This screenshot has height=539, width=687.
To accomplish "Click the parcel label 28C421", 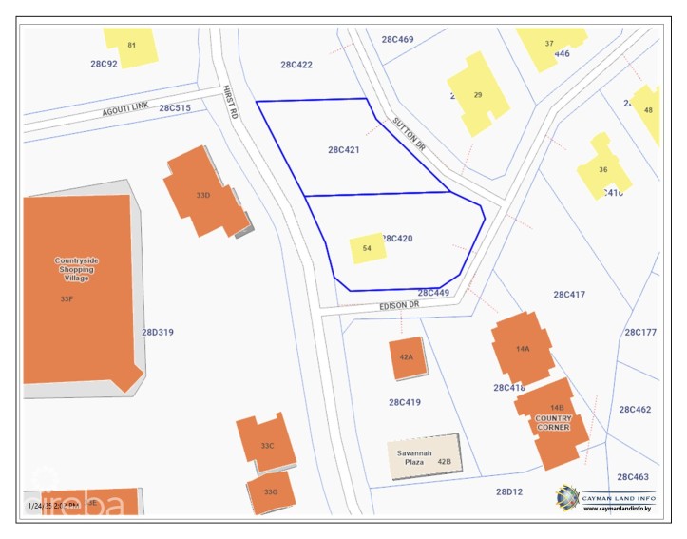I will pos(343,149).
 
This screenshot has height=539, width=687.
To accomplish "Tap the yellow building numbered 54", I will pos(366,248).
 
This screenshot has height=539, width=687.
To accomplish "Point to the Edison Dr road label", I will pos(399,305).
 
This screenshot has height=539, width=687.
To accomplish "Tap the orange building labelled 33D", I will pos(201,194).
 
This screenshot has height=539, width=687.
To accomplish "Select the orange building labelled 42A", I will pos(407,357).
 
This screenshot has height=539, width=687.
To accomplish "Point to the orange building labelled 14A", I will pos(522,349).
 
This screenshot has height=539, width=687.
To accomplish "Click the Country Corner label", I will pos(553,423).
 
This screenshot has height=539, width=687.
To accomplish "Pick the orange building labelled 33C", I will pos(267,445).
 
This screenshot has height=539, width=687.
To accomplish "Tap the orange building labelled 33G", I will pos(271,491).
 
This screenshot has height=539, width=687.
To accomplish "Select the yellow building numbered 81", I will pos(131,46).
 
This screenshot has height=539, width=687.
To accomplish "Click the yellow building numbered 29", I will pos(477,94).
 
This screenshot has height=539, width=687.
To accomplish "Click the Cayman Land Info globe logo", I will pos(568,496).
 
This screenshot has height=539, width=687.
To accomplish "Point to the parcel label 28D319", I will pos(158,332).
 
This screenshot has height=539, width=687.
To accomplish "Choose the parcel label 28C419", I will pos(405,402).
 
